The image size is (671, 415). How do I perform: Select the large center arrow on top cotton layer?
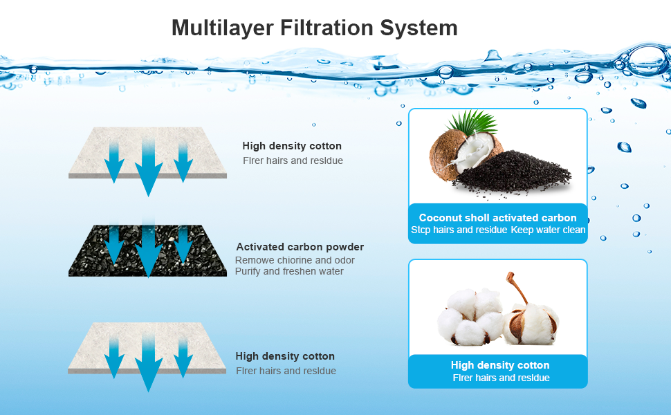click(x=148, y=166)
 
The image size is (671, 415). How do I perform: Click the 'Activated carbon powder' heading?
click(x=300, y=247)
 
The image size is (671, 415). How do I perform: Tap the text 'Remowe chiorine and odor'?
click(x=295, y=260)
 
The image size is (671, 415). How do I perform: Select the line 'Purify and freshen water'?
click(x=289, y=271)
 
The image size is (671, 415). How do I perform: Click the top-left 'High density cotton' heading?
click(x=292, y=146)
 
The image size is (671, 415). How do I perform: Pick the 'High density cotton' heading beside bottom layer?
click(x=285, y=356)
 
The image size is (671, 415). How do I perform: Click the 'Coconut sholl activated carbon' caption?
click(x=497, y=218)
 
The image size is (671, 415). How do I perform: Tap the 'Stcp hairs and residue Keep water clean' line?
click(x=498, y=230)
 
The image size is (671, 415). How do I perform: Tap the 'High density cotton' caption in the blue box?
click(x=500, y=365)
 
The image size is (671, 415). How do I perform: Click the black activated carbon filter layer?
click(x=83, y=259)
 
